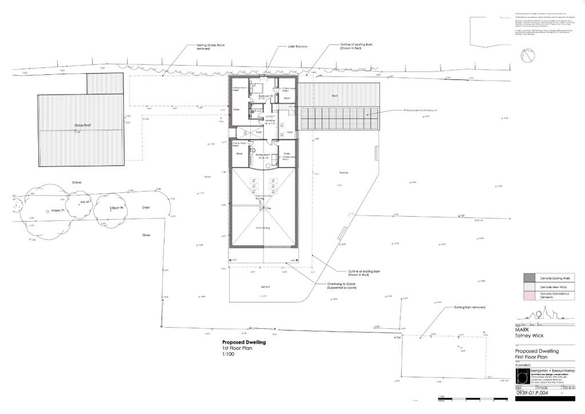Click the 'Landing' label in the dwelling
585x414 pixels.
(270, 121)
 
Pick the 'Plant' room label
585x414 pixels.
(287, 98)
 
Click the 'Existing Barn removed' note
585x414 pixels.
(470, 307)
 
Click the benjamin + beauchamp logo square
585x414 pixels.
(522, 376)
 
